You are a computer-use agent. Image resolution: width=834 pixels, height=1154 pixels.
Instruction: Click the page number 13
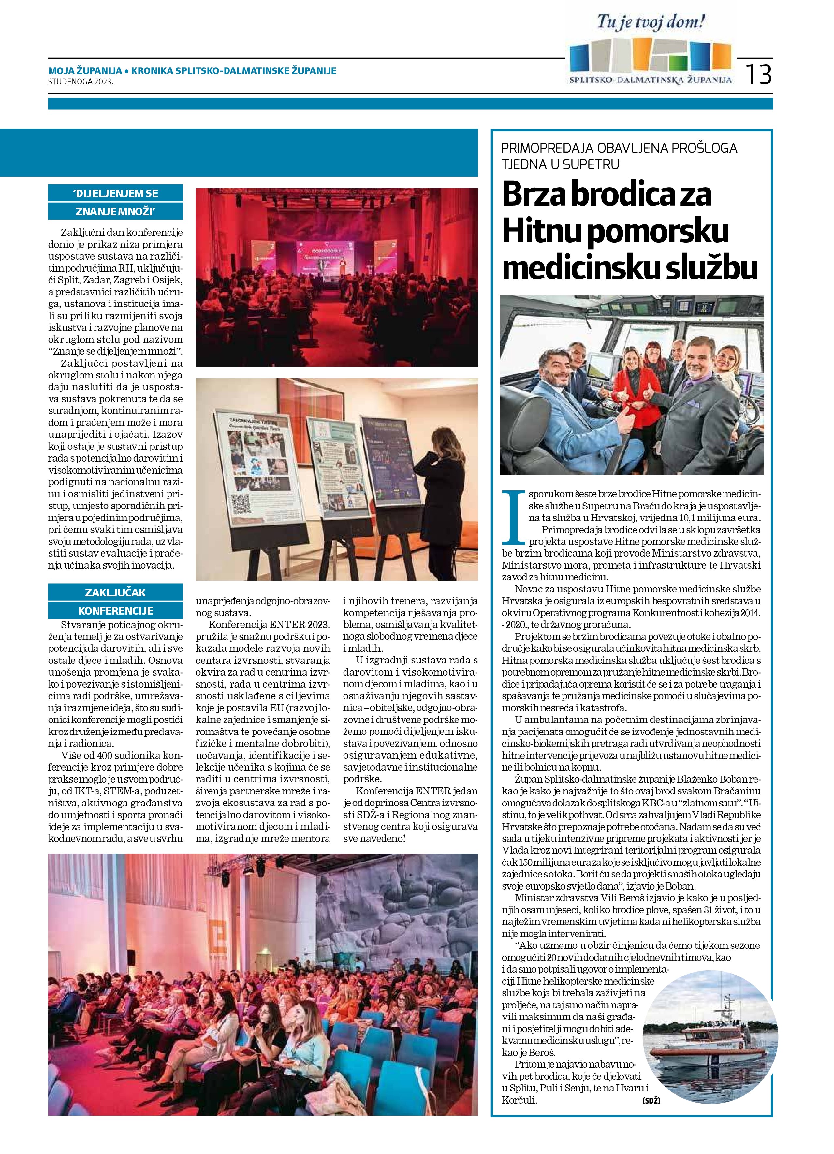(x=759, y=74)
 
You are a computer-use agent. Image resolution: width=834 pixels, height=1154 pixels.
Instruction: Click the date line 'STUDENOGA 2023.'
(x=80, y=81)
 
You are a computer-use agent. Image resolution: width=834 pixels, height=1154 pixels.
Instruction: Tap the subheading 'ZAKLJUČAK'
(x=116, y=592)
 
